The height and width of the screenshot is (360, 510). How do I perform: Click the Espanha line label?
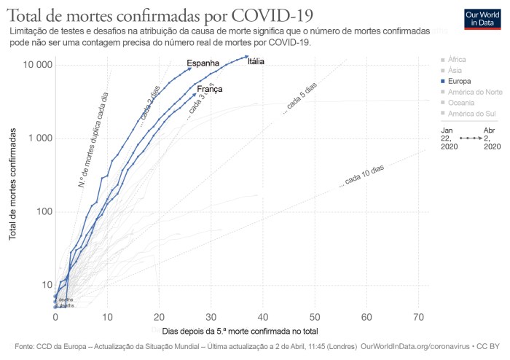coord(203,63)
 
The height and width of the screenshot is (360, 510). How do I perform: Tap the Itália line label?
coord(256,62)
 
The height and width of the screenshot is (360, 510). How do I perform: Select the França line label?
coord(210,89)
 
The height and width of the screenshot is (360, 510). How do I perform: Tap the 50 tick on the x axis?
coord(315,317)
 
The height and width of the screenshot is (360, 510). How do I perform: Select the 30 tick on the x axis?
coord(211,317)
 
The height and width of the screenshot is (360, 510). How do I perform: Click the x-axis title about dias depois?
coord(240,331)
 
